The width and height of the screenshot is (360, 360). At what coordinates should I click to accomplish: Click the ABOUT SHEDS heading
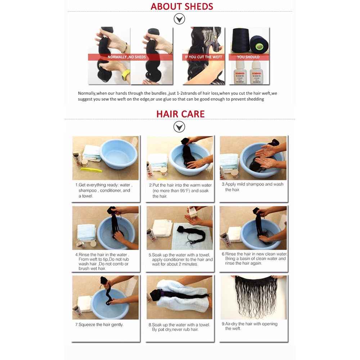coord(182,6)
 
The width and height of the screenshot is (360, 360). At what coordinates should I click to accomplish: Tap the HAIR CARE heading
coord(180,114)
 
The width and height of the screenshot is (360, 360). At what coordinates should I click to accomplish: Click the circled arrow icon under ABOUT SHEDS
coord(179,19)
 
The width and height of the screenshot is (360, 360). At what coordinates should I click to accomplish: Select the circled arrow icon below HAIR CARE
coord(179,127)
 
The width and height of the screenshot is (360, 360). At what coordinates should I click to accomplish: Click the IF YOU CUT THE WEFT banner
coord(203,57)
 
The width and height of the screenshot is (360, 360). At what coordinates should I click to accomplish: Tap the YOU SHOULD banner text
coord(248,57)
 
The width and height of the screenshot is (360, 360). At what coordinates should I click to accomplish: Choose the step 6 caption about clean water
coord(254,258)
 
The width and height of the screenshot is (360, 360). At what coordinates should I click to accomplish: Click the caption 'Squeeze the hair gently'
coord(99,324)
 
